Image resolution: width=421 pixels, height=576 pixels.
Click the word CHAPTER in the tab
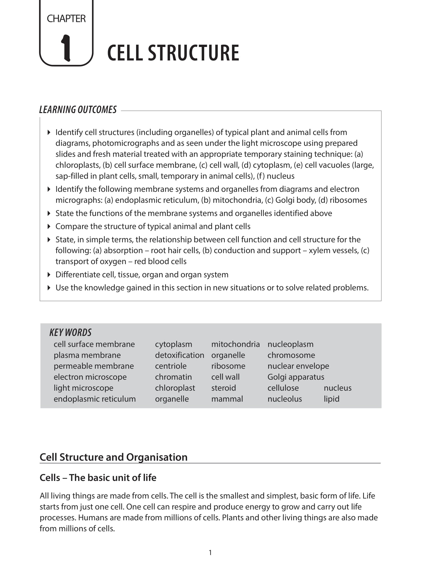[66, 19]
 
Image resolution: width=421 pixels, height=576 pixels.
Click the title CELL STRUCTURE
[173, 53]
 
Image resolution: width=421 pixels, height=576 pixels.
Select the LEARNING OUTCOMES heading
[78, 110]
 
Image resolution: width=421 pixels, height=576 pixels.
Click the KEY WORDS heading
[70, 332]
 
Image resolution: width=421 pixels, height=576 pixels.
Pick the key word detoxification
[179, 355]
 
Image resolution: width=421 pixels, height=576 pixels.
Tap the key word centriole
[171, 366]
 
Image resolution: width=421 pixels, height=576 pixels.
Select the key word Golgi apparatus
[296, 377]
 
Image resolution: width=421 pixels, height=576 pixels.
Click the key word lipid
[331, 399]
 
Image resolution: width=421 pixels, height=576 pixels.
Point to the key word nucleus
[337, 388]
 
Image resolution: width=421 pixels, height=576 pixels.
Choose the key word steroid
[224, 388]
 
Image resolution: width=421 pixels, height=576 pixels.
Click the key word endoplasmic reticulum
[94, 399]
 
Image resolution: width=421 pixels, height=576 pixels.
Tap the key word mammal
[227, 399]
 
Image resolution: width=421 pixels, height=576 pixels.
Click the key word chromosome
[291, 355]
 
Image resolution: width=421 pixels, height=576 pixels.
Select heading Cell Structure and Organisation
[113, 457]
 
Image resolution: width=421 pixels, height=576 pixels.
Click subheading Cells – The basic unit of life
[98, 478]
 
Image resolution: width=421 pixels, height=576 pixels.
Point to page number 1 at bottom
[210, 553]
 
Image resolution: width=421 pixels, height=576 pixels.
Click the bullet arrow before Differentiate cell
[49, 274]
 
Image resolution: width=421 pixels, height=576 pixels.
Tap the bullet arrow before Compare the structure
[49, 226]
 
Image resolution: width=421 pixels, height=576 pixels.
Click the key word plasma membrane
[87, 355]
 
